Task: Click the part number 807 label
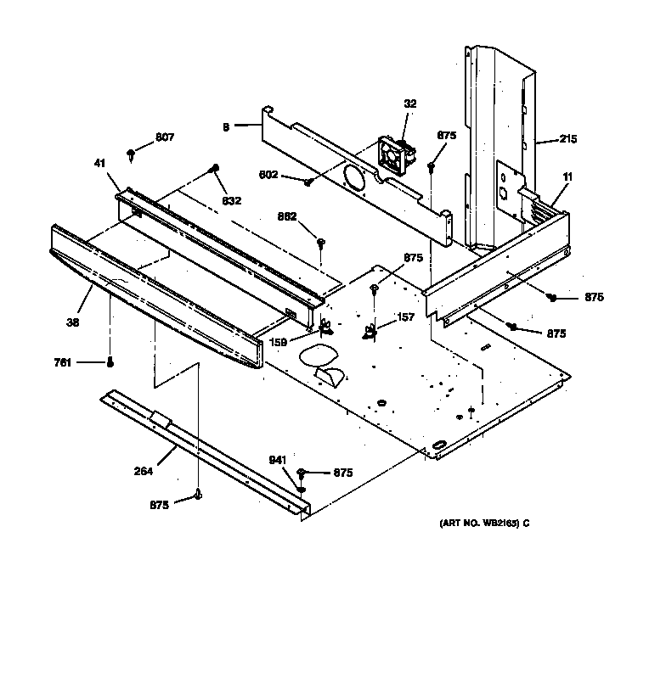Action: (164, 137)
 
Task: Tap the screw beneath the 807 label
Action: (132, 154)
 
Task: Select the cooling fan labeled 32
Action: (396, 157)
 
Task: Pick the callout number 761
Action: (62, 362)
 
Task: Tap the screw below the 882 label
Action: (322, 244)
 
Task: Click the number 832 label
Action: (232, 201)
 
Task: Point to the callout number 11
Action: (567, 176)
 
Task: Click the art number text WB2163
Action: (484, 524)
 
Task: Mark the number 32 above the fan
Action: (410, 104)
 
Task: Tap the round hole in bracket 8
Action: (351, 177)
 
